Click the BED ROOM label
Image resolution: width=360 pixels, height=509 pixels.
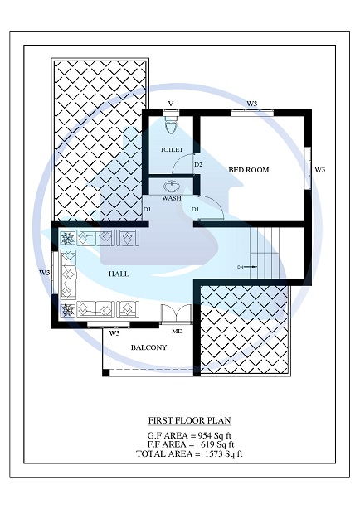(x=249, y=170)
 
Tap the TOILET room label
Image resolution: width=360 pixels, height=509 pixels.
(x=172, y=150)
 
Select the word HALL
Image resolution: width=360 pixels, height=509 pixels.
(x=118, y=273)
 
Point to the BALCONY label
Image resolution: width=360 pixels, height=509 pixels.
(x=149, y=347)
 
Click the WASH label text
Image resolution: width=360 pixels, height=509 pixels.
(x=172, y=199)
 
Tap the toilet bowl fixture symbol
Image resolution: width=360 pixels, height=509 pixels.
(x=172, y=124)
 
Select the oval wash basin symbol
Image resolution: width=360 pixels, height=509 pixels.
(x=173, y=187)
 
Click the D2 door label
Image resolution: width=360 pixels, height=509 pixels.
(x=198, y=165)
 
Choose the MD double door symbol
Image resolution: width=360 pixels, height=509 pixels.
(x=176, y=315)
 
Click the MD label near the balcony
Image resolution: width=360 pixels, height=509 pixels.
(x=177, y=332)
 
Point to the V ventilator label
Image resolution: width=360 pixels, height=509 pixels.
(x=171, y=104)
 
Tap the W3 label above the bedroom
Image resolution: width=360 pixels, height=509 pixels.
(x=251, y=104)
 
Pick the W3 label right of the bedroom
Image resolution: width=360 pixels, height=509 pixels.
(x=319, y=170)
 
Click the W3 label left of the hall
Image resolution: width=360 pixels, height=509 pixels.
(x=45, y=273)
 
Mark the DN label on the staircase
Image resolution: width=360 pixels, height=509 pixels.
(x=241, y=267)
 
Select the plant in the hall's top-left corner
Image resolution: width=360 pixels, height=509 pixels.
(x=67, y=237)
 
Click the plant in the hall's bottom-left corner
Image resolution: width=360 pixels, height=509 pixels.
(x=67, y=310)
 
